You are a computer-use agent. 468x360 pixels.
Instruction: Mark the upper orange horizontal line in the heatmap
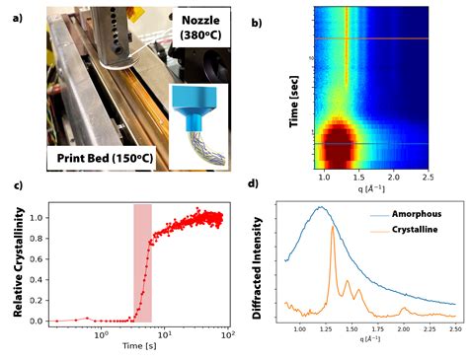[371, 39]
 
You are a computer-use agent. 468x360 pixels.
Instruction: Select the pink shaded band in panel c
[142, 261]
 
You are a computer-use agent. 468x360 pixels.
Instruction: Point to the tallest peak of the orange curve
[334, 243]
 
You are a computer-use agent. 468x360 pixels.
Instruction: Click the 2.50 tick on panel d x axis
[452, 326]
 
